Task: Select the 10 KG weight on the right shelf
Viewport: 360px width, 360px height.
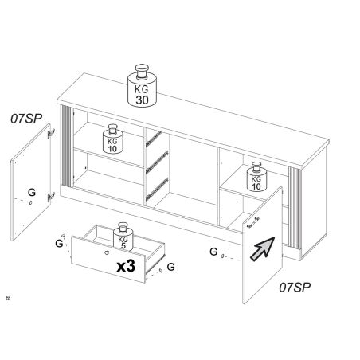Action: pyautogui.click(x=256, y=177)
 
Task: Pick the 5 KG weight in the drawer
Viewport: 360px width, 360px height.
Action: pyautogui.click(x=123, y=237)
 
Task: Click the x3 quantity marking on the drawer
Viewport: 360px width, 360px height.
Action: pyautogui.click(x=126, y=266)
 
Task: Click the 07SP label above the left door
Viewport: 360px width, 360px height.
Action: pyautogui.click(x=26, y=119)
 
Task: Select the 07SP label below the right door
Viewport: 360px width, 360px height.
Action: pyautogui.click(x=295, y=287)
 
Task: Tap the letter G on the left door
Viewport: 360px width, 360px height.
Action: pyautogui.click(x=32, y=192)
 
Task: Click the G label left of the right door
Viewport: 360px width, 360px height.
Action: pyautogui.click(x=213, y=252)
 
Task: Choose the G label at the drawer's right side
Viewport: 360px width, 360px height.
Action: pyautogui.click(x=171, y=267)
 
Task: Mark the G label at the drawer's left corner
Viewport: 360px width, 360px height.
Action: pyautogui.click(x=59, y=243)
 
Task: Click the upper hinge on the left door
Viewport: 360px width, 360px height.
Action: pyautogui.click(x=51, y=133)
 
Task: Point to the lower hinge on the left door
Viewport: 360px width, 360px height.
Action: pyautogui.click(x=51, y=197)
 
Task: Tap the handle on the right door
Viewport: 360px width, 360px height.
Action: pyautogui.click(x=253, y=222)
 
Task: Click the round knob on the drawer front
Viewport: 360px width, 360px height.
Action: pyautogui.click(x=107, y=252)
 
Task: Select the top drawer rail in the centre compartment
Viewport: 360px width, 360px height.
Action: pyautogui.click(x=153, y=139)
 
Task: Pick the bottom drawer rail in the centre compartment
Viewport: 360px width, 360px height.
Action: pyautogui.click(x=157, y=189)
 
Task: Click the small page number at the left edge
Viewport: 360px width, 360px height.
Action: pyautogui.click(x=8, y=299)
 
